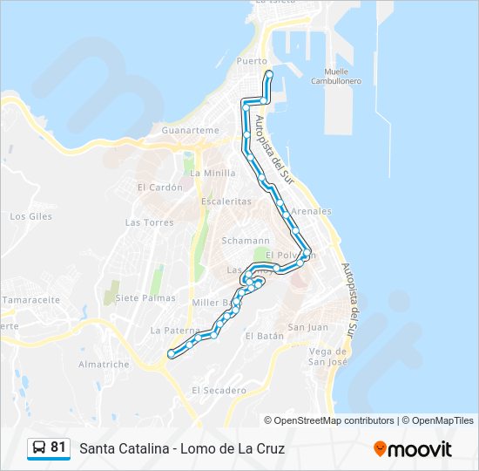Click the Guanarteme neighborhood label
pyautogui.click(x=191, y=130)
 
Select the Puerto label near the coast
pyautogui.click(x=252, y=61)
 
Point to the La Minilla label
pyautogui.click(x=213, y=173)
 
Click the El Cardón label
pyautogui.click(x=159, y=187)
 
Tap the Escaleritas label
pyautogui.click(x=226, y=201)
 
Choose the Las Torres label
pyautogui.click(x=149, y=222)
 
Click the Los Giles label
pyautogui.click(x=30, y=215)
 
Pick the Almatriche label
pyautogui.click(x=104, y=364)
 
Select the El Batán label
pyautogui.click(x=265, y=336)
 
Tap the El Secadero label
pyautogui.click(x=219, y=390)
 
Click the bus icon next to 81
pyautogui.click(x=39, y=448)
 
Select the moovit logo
pyautogui.click(x=413, y=449)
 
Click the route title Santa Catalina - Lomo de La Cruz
pyautogui.click(x=182, y=449)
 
